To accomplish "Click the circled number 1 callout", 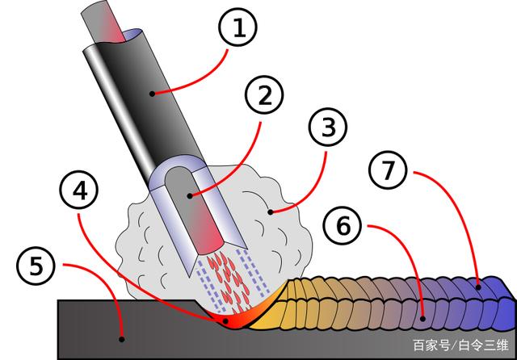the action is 237,27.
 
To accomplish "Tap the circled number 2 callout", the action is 264,95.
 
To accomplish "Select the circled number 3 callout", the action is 328,128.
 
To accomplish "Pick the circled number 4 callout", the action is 79,190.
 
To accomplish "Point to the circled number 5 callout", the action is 36,266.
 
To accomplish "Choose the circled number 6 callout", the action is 343,225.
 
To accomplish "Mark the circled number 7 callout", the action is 388,170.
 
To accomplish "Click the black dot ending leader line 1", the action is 152,94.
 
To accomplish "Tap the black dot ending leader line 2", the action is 190,196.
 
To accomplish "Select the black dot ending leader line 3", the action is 271,212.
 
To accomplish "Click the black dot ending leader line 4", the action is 226,320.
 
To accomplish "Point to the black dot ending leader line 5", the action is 122,339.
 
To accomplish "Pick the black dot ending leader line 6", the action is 422,319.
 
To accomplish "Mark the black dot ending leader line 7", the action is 478,287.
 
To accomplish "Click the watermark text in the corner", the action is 460,345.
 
